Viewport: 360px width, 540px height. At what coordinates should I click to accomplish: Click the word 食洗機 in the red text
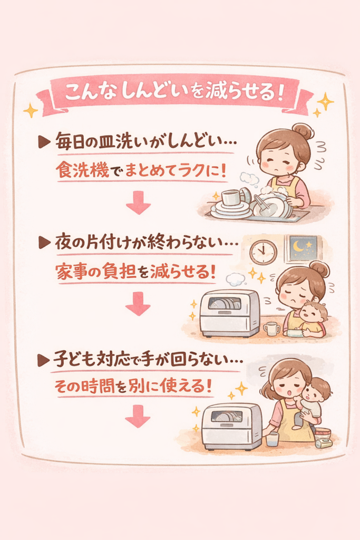coord(83,170)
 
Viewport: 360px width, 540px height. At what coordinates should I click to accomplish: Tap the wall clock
coord(264,252)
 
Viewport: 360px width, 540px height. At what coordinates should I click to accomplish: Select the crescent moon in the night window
coord(298,246)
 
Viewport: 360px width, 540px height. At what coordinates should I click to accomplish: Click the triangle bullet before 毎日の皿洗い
coord(44,142)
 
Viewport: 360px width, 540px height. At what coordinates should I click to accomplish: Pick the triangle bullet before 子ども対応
coord(43,361)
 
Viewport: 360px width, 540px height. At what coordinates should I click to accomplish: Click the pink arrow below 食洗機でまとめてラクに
coord(138,202)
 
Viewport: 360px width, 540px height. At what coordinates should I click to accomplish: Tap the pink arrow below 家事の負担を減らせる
coord(138,303)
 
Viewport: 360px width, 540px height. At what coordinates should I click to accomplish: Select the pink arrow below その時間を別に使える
coord(138,417)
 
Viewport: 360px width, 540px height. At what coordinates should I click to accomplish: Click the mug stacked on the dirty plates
coord(231,198)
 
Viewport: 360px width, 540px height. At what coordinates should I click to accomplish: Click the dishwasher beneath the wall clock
coord(230,313)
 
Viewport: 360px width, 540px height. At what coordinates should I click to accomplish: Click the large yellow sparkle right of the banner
coord(325,101)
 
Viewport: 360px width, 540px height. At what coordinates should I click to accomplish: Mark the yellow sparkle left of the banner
coord(31,110)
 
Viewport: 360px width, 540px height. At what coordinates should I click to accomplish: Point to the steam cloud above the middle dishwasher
coord(236,279)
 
